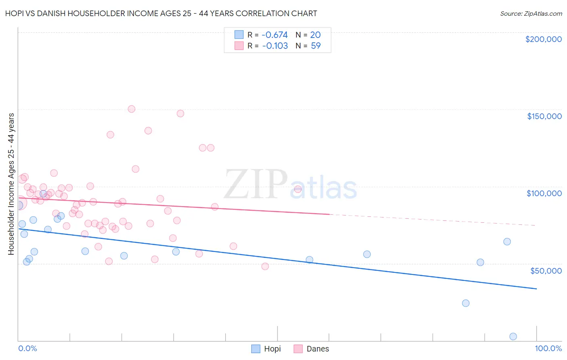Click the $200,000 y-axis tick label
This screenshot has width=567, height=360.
(x=543, y=39)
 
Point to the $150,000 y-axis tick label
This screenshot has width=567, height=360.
(x=544, y=116)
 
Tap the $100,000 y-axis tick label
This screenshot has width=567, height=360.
(x=544, y=193)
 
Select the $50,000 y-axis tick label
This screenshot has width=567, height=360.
(x=546, y=270)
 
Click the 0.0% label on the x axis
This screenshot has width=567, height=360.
(x=27, y=348)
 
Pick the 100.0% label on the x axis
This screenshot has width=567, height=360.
(x=548, y=348)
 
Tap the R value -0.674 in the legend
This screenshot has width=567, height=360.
(x=275, y=35)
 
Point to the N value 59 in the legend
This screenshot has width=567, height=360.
(x=316, y=46)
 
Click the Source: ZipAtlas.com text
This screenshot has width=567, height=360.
(x=531, y=14)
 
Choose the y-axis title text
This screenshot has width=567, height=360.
(x=11, y=184)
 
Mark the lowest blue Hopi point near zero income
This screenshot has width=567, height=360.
(x=513, y=337)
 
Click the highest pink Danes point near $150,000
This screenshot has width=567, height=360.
(x=131, y=109)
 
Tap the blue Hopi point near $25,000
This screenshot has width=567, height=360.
(x=466, y=303)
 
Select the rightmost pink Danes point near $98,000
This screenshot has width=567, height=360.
(x=298, y=189)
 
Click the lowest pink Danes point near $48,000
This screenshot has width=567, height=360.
(x=265, y=266)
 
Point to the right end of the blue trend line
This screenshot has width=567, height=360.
(x=536, y=289)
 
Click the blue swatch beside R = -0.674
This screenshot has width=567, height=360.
(x=239, y=35)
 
